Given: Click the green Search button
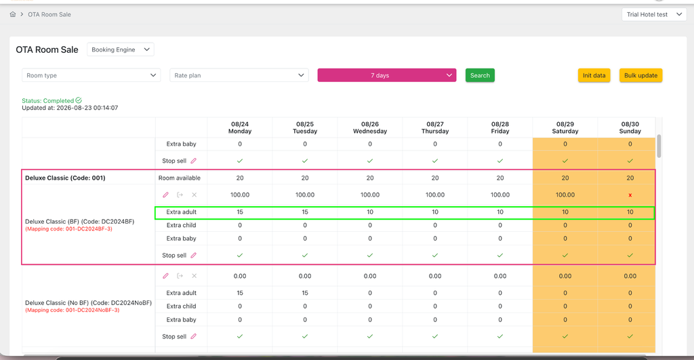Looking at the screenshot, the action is click(x=480, y=75).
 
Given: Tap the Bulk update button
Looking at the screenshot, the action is click(x=640, y=75).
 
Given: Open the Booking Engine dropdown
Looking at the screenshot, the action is click(x=121, y=49).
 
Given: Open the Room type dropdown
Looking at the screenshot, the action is click(x=91, y=75).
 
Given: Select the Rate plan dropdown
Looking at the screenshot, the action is click(x=239, y=75).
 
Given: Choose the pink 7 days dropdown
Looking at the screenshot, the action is click(x=387, y=75).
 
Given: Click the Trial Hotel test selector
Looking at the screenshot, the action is click(x=654, y=15).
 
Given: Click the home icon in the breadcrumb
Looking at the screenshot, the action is click(x=13, y=14).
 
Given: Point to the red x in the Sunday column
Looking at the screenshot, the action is click(x=630, y=195).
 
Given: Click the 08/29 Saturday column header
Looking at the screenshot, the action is click(x=565, y=127).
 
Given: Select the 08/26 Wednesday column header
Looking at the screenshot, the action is click(x=370, y=127).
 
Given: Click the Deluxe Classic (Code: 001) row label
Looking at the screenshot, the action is click(x=65, y=178).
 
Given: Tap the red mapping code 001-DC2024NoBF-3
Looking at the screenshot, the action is click(x=72, y=310).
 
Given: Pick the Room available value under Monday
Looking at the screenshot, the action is click(x=240, y=178).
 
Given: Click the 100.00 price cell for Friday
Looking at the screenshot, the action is click(x=500, y=195).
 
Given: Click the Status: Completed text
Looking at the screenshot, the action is click(x=48, y=100).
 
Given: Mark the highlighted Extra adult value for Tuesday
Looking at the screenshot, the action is click(x=305, y=212).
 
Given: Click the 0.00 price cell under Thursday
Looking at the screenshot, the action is click(x=435, y=276).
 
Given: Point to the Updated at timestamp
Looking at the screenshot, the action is click(x=70, y=108).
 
